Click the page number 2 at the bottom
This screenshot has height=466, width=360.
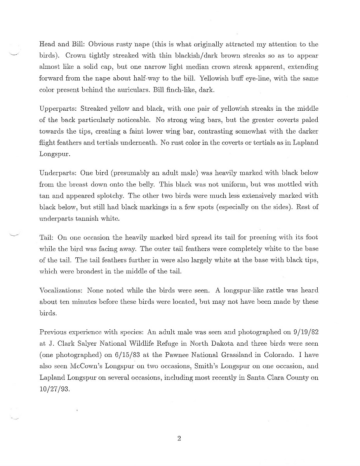click(179, 439)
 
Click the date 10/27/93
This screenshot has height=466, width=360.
click(54, 389)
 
